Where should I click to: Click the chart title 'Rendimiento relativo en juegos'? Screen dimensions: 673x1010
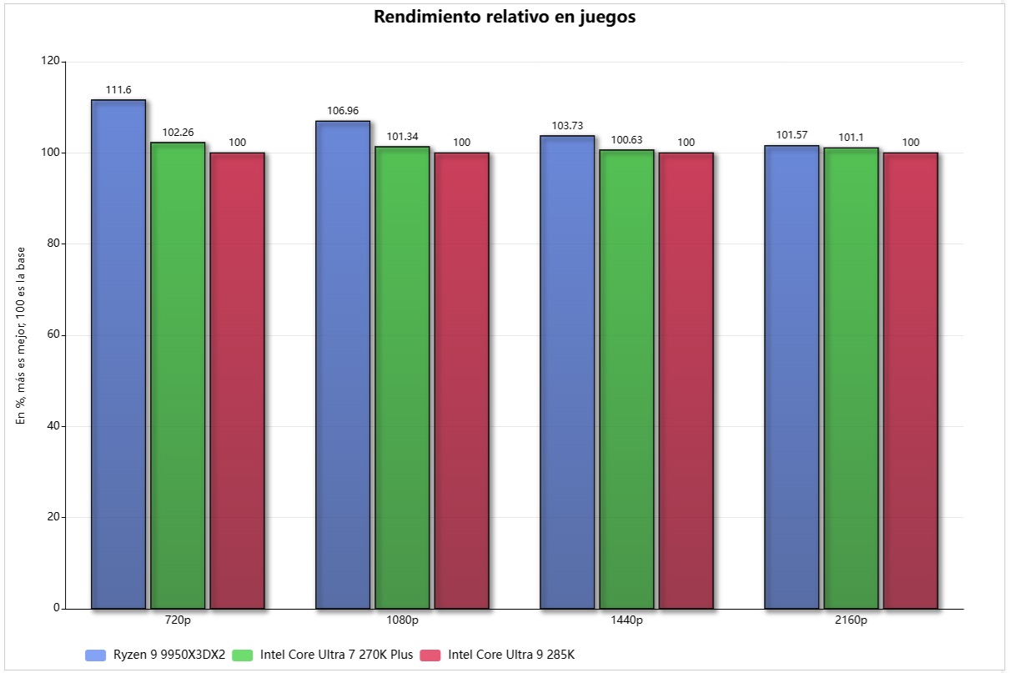click(505, 17)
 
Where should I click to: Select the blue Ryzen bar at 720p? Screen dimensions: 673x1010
click(118, 354)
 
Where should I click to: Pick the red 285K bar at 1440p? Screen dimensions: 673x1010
click(686, 380)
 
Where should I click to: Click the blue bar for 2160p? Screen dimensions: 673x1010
click(791, 377)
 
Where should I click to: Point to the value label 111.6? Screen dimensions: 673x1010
click(118, 89)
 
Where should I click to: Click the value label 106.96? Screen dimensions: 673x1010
click(343, 110)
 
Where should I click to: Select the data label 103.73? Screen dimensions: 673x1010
click(567, 125)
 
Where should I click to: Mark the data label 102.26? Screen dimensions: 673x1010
click(178, 132)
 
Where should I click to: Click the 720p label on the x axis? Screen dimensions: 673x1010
click(178, 620)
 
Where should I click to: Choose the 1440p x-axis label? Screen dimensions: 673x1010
click(626, 620)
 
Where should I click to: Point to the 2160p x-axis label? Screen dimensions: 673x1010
click(851, 620)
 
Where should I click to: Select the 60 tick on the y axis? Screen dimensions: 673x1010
click(53, 335)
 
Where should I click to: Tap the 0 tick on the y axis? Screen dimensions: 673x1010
click(57, 608)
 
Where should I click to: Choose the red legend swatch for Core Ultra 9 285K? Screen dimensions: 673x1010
click(430, 655)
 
